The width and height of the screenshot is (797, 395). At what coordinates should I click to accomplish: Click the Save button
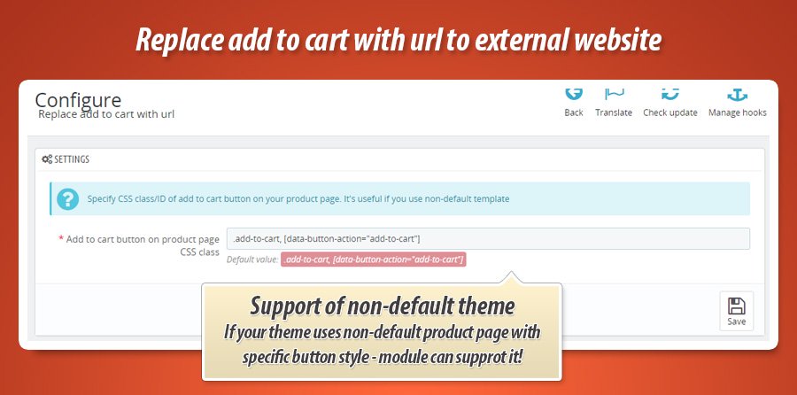tap(737, 311)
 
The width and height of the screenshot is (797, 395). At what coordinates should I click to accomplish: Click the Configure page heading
tap(78, 100)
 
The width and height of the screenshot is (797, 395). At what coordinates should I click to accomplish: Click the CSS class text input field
tap(488, 238)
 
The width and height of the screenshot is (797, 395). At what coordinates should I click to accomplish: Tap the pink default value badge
tap(373, 259)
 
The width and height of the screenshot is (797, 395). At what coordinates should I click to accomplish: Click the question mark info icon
tap(67, 198)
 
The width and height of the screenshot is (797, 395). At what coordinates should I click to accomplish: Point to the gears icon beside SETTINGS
tap(47, 159)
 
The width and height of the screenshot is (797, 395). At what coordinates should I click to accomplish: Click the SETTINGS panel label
tap(72, 159)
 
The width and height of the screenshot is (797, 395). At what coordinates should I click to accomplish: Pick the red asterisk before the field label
tap(61, 238)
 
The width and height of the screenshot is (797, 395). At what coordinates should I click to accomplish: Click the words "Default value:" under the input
tap(252, 259)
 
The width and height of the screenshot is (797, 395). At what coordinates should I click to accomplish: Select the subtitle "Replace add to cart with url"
tap(106, 114)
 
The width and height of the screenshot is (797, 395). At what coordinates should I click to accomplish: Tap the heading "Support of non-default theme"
tap(383, 306)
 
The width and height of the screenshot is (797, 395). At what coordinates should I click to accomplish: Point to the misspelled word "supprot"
tap(478, 358)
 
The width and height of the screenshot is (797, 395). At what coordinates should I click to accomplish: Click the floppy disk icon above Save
tap(737, 306)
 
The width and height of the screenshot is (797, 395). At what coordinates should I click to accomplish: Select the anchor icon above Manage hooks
tap(738, 95)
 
